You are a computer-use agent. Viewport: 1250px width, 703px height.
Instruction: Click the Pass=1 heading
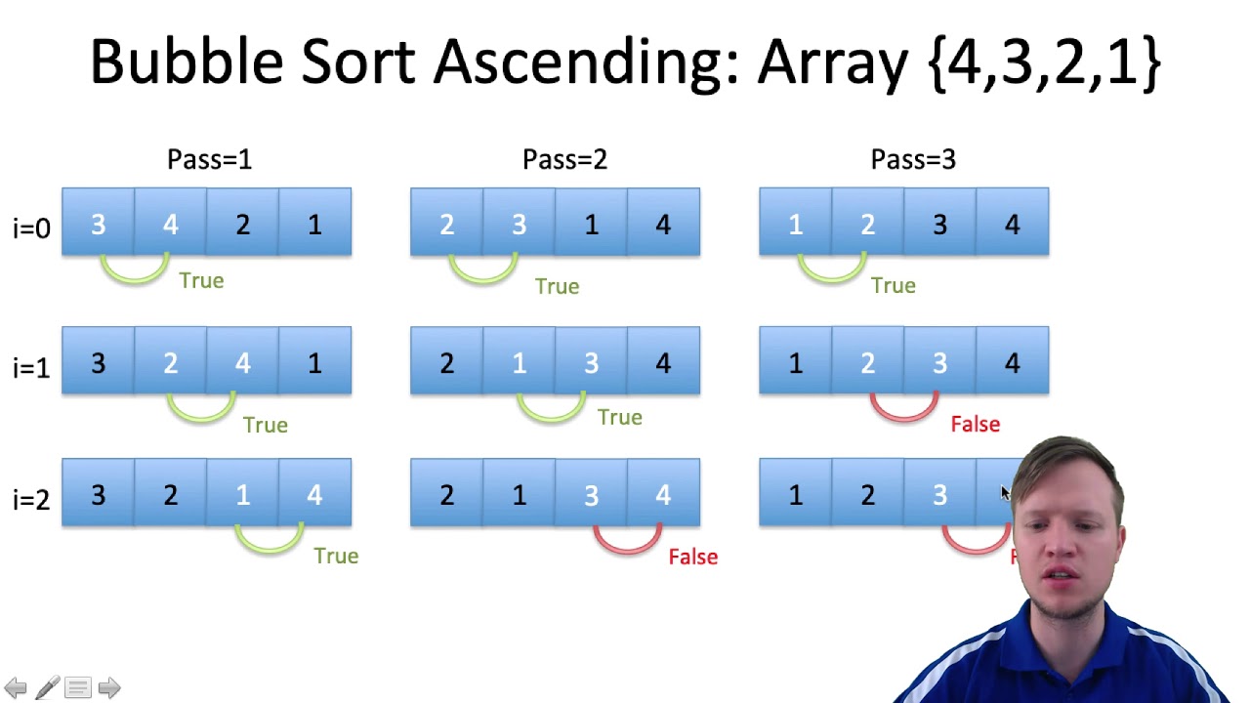pos(209,159)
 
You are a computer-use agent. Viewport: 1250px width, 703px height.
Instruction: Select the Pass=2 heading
pos(564,159)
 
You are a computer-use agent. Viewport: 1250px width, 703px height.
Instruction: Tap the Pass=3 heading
pos(913,159)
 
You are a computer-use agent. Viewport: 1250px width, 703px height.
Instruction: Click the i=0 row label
pos(31,228)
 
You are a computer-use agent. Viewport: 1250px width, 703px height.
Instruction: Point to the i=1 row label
pos(31,368)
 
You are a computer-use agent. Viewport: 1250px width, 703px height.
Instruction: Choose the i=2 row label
pos(31,500)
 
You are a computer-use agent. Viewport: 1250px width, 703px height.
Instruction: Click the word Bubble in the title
pos(187,62)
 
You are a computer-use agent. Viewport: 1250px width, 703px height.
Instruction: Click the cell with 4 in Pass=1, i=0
pos(170,224)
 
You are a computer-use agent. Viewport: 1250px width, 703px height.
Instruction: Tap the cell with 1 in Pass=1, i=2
pos(242,494)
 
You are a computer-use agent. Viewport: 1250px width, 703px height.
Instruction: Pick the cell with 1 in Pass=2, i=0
pos(591,224)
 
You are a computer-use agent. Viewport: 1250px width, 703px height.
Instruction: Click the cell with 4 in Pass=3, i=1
pos(1012,362)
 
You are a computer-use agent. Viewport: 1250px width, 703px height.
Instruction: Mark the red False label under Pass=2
pos(692,557)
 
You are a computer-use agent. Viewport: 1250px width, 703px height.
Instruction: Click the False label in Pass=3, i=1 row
pos(975,424)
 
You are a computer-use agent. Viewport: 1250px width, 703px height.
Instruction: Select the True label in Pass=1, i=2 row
pos(336,556)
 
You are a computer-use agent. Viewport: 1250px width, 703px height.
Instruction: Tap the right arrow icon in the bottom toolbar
pos(109,688)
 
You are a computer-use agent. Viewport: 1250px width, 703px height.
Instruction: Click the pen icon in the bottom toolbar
pos(47,688)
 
